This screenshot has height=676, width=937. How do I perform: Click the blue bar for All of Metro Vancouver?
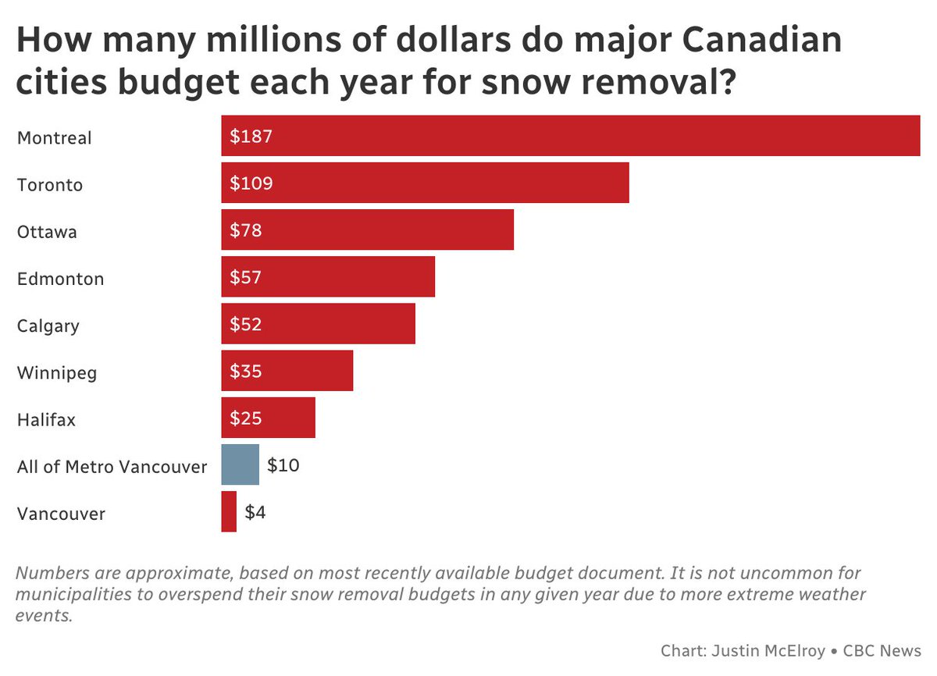(240, 464)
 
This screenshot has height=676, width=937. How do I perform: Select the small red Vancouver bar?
(229, 511)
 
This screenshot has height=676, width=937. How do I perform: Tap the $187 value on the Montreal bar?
(251, 137)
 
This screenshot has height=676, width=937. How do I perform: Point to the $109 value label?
(251, 183)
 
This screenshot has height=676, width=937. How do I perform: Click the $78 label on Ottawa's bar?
(245, 230)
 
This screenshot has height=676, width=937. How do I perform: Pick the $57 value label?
(245, 277)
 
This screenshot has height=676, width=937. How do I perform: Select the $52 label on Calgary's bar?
(245, 324)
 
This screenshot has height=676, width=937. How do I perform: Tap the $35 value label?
(245, 372)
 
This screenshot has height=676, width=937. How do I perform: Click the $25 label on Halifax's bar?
(245, 418)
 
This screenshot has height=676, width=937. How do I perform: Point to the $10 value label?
(283, 465)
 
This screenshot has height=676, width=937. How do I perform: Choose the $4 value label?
(255, 512)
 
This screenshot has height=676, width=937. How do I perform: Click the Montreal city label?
(55, 138)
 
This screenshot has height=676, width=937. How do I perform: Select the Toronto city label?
(50, 185)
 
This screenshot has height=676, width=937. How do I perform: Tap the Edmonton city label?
(61, 279)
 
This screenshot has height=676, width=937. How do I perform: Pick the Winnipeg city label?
(57, 373)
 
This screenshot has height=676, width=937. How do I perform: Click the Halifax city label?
(46, 420)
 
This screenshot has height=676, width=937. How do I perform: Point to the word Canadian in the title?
(762, 40)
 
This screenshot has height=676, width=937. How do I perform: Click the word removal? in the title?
(659, 81)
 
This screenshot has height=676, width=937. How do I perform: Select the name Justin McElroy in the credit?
(768, 650)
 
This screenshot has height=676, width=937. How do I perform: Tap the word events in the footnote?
(44, 615)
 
